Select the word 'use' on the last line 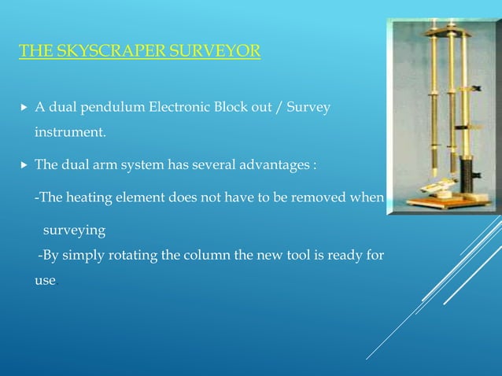pos(45,281)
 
